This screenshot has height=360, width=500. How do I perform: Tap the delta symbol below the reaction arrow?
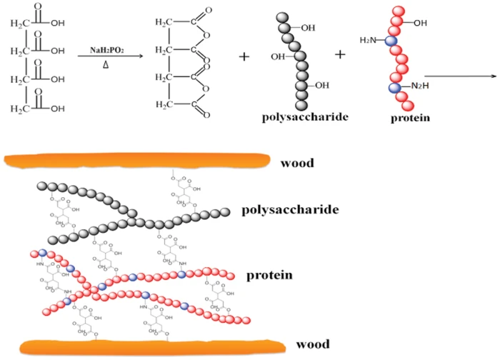pos(106,66)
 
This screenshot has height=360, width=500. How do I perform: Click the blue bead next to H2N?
pos(390,41)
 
